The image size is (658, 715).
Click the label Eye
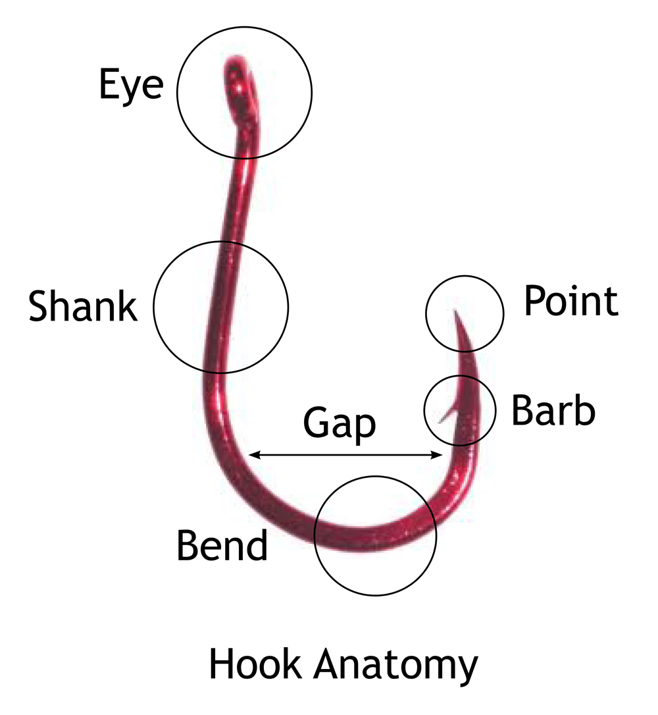(x=131, y=86)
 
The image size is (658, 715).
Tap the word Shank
(x=83, y=306)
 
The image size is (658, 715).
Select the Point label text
(x=570, y=302)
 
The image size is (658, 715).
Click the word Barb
(x=553, y=410)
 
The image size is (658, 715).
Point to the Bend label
(x=222, y=544)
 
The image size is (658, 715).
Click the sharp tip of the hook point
(x=454, y=310)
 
